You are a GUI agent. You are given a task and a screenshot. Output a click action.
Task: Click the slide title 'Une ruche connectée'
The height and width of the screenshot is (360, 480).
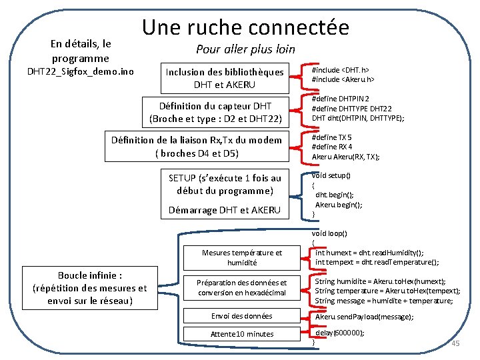pyautogui.click(x=245, y=27)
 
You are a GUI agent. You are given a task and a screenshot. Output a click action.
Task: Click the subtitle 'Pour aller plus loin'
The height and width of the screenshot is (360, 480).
pyautogui.click(x=245, y=49)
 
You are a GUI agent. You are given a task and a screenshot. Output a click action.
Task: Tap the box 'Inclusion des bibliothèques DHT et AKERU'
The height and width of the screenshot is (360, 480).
pyautogui.click(x=225, y=78)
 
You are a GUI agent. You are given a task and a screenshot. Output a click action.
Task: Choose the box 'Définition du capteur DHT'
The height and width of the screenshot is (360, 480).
pyautogui.click(x=216, y=113)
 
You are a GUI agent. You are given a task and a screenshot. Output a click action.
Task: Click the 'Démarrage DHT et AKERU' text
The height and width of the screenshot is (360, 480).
pyautogui.click(x=225, y=210)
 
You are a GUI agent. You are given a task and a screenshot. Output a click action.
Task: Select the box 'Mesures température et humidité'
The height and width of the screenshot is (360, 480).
pyautogui.click(x=242, y=257)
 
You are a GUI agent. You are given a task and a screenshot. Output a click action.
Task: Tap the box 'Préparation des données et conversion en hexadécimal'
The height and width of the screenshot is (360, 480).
pyautogui.click(x=242, y=287)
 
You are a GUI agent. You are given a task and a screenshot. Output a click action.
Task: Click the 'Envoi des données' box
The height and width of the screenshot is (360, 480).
pyautogui.click(x=242, y=315)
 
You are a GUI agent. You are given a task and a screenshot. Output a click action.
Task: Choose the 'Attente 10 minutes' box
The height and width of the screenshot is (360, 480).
pyautogui.click(x=242, y=333)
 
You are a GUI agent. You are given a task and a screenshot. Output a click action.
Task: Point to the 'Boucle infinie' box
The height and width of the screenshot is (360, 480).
pyautogui.click(x=89, y=288)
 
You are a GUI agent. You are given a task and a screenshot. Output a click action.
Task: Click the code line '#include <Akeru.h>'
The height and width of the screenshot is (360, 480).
pyautogui.click(x=343, y=80)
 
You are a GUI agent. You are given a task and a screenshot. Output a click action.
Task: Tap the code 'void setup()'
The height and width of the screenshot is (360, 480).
pyautogui.click(x=331, y=175)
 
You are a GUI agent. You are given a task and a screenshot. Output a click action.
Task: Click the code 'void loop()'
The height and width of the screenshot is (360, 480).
pyautogui.click(x=330, y=234)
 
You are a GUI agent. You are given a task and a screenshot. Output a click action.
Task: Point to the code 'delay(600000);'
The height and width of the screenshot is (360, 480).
pyautogui.click(x=340, y=333)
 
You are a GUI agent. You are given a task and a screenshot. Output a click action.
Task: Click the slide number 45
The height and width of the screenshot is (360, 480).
pyautogui.click(x=456, y=343)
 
